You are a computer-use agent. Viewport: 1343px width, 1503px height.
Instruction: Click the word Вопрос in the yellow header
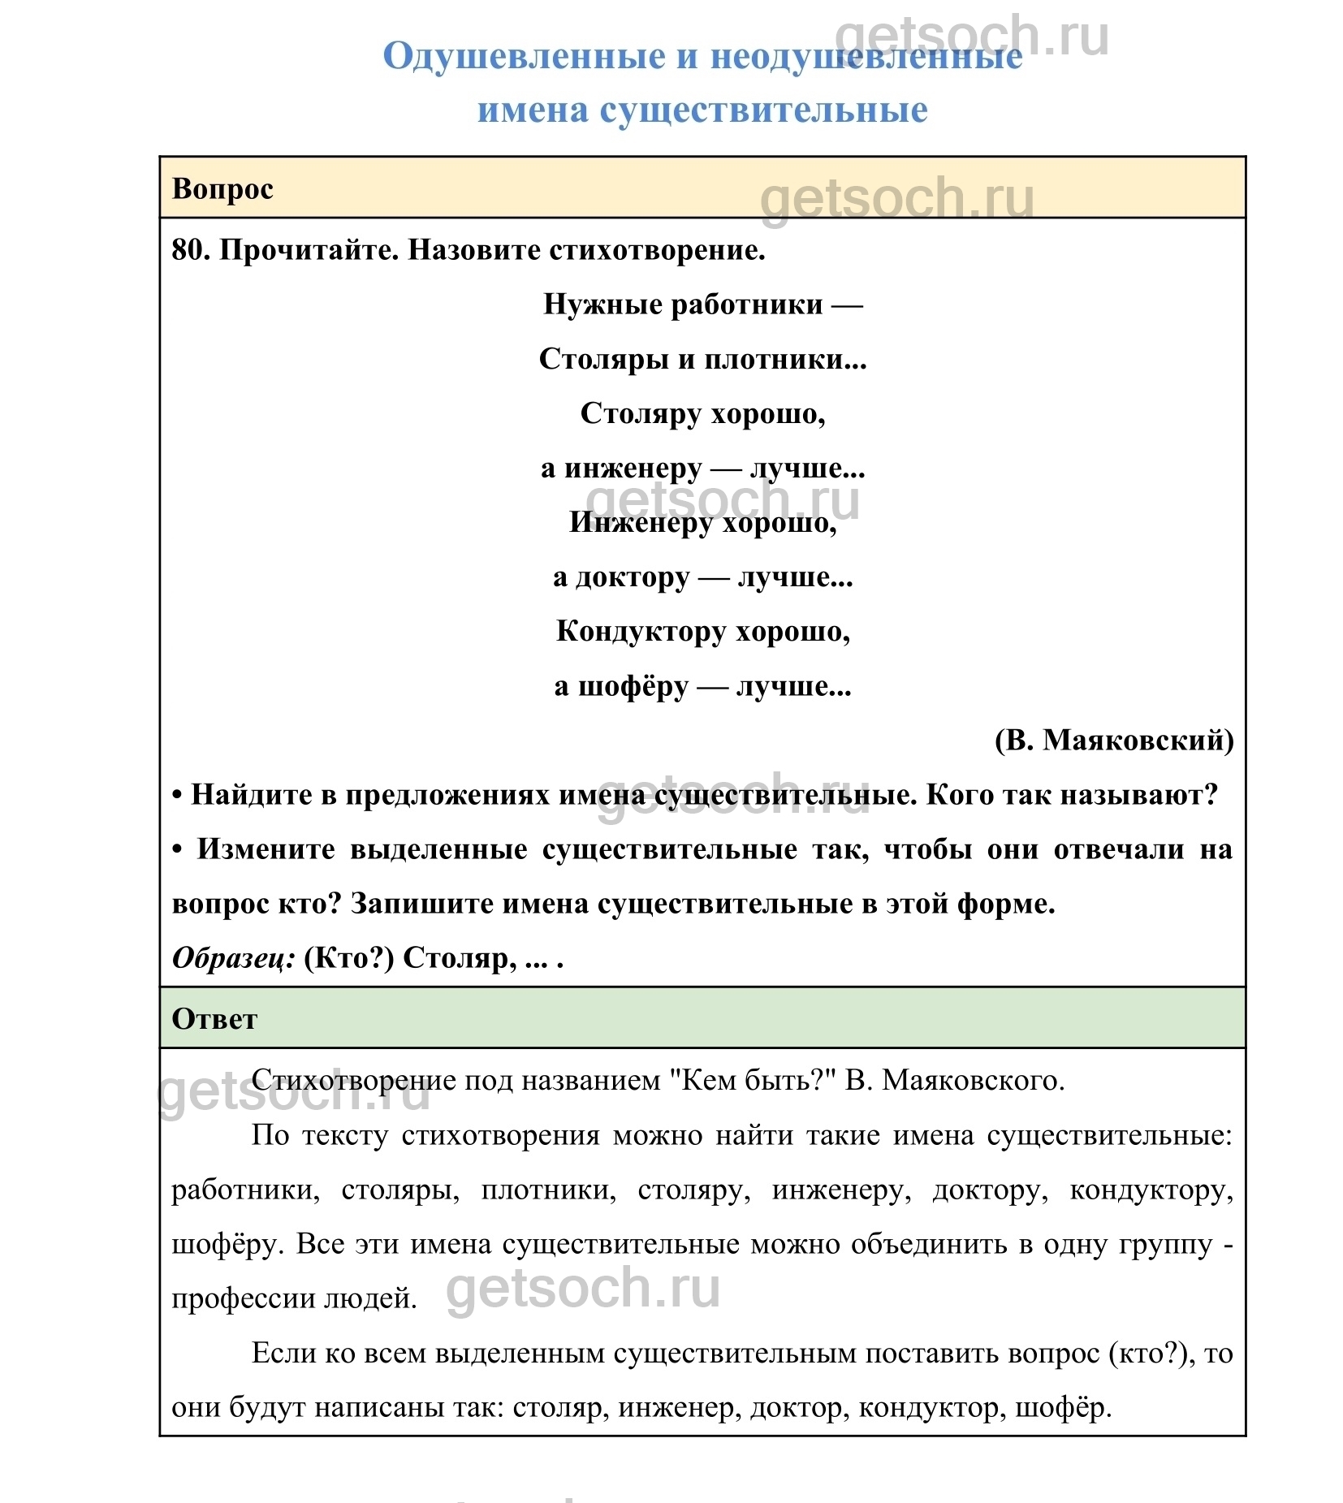point(222,189)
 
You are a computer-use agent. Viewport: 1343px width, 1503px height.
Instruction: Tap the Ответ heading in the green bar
point(214,1019)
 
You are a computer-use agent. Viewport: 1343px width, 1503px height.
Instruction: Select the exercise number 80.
point(190,250)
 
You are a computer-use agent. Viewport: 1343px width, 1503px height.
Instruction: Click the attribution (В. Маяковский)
point(1114,740)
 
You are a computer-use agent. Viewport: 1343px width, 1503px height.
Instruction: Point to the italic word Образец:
point(234,958)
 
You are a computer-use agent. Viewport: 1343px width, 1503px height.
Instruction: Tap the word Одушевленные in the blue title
point(525,57)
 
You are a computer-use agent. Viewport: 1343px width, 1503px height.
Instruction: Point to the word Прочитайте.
point(309,250)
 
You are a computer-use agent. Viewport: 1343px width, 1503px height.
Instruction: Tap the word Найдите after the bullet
point(253,795)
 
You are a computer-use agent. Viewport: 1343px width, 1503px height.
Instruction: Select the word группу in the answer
point(1164,1244)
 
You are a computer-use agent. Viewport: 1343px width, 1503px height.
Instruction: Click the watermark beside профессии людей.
point(583,1289)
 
